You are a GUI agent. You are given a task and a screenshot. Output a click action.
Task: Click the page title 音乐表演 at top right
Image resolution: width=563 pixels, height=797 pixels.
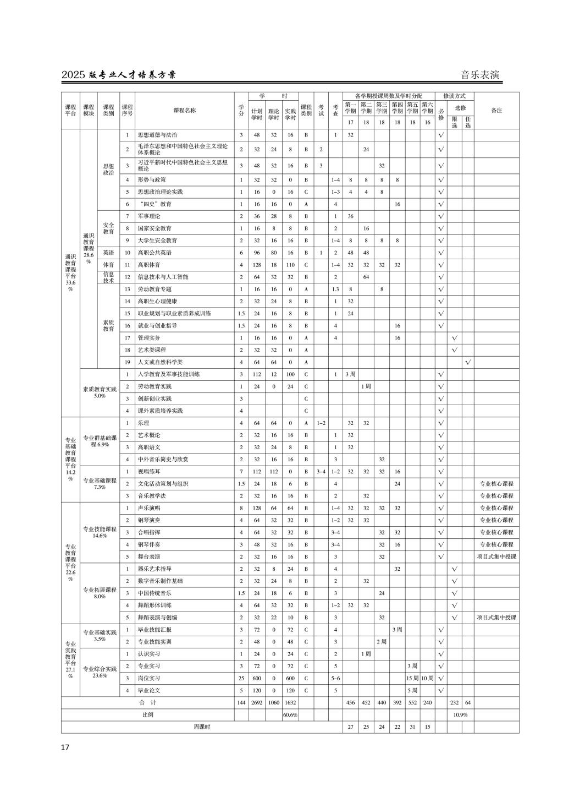point(479,75)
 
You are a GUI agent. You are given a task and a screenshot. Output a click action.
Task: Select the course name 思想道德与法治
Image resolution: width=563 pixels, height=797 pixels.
point(157,135)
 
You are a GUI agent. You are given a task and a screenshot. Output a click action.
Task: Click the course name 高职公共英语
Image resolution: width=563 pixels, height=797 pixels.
point(154,253)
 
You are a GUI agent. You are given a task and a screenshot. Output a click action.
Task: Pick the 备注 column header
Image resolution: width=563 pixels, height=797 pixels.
point(496,110)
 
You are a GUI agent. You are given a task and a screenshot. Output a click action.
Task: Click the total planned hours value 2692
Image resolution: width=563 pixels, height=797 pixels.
point(257,703)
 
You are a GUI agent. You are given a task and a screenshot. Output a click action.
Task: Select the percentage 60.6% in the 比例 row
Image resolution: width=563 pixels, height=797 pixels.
point(290,715)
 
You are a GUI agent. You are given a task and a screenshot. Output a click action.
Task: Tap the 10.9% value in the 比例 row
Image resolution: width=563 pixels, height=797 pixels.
point(460,715)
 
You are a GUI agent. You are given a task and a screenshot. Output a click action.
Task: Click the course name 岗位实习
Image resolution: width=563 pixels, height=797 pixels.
point(149,679)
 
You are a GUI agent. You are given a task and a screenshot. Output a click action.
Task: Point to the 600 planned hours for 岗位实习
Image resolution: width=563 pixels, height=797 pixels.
point(257,679)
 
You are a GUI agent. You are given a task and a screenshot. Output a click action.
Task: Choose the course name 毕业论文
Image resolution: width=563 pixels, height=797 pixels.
point(149,691)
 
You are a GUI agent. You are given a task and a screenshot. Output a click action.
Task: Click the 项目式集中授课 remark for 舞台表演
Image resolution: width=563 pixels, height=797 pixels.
point(496,556)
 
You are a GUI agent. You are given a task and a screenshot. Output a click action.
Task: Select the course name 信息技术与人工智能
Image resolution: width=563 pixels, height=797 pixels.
point(163,277)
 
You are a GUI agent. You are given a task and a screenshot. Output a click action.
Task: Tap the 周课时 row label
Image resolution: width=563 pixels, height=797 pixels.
point(202,727)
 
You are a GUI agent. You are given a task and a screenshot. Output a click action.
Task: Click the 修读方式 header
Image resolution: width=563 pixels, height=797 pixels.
point(454,96)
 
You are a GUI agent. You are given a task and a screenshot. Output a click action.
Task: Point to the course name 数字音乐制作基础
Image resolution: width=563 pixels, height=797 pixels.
point(160,581)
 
